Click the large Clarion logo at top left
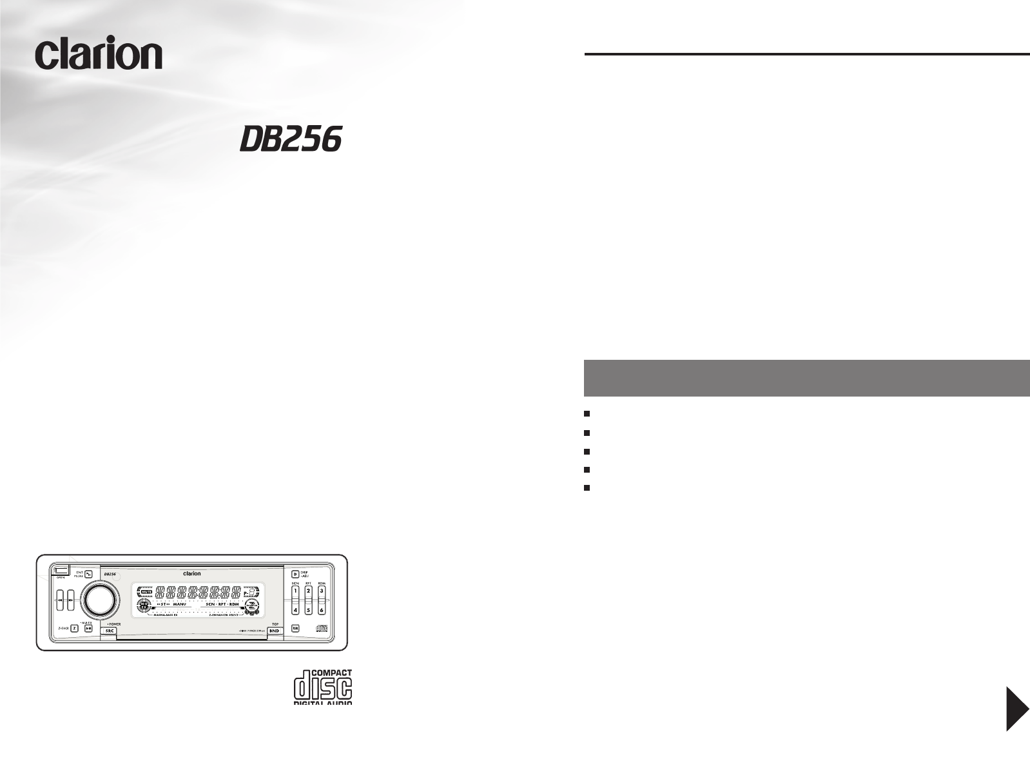pos(99,54)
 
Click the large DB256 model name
pos(290,139)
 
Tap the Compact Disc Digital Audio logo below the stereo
pos(323,687)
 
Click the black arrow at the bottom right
pos(1017,709)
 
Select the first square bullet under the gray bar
pos(587,413)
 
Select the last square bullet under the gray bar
pos(587,488)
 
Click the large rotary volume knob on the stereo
pos(99,600)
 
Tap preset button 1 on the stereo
pos(295,591)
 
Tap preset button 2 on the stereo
pos(308,591)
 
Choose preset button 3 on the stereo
pos(322,591)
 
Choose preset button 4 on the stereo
pos(295,609)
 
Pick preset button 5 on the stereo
pos(308,609)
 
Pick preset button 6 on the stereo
pos(322,609)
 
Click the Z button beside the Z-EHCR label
pos(75,627)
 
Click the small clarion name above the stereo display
pos(192,573)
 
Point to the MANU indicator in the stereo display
pos(179,604)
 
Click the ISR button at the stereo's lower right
pos(295,628)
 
